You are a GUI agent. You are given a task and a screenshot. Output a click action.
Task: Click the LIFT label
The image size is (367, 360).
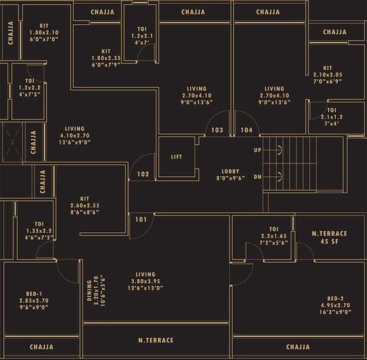176,157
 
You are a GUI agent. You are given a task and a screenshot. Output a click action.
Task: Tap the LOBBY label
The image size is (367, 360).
230,171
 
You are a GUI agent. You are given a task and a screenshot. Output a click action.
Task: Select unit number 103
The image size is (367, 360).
217,130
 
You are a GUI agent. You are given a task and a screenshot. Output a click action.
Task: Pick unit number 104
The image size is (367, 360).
247,130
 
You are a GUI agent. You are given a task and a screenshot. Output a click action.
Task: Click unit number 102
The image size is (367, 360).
143,174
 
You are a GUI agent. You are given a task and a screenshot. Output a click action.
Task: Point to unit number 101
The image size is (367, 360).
141,219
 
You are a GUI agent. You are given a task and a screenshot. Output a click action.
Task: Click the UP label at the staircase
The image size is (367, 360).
258,150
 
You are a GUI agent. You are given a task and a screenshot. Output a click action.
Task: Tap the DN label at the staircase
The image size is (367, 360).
258,177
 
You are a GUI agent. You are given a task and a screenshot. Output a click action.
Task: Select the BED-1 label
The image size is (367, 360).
34,294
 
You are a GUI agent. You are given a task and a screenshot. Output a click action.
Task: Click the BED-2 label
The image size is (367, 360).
335,299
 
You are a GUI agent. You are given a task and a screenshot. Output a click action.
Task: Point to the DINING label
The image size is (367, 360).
90,291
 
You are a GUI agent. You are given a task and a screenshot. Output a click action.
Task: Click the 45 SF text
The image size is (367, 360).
329,242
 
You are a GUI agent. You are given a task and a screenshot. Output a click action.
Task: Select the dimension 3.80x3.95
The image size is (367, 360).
146,281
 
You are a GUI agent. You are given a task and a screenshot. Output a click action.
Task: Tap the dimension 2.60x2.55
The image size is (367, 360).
85,205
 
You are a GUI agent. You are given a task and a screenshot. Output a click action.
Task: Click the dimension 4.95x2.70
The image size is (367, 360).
335,305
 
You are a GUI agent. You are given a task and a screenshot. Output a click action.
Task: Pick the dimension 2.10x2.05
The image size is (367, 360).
328,75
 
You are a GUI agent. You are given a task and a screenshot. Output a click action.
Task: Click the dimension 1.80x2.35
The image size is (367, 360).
106,58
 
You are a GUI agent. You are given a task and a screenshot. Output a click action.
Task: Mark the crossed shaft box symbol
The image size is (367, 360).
12,142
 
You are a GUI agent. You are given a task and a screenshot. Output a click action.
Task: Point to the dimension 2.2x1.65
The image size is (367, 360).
274,236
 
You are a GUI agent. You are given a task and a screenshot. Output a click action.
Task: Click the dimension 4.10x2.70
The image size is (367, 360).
75,135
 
